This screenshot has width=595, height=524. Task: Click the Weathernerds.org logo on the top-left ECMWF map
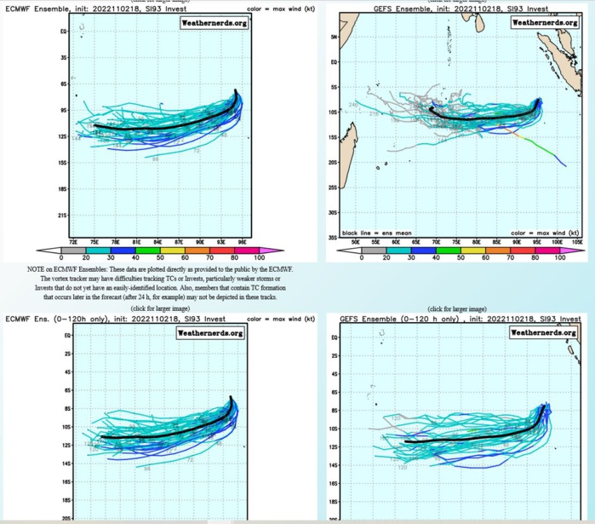212,23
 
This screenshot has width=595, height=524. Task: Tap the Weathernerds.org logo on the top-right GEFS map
541,23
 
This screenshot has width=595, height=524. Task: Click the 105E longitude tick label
580,243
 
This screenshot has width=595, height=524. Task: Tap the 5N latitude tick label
335,38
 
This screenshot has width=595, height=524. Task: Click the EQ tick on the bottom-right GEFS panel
335,338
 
